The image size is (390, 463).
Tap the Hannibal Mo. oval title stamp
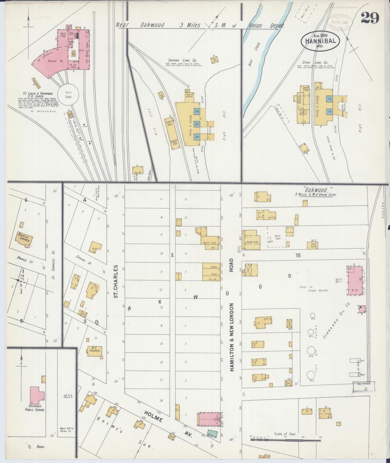tap(320, 41)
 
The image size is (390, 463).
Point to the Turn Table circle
tap(68, 95)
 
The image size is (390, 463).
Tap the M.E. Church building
tap(94, 351)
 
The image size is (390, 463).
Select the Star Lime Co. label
tap(319, 62)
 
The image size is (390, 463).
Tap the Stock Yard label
tap(277, 237)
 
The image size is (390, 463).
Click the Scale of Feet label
tap(285, 434)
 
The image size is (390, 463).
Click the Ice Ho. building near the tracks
tap(138, 170)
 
